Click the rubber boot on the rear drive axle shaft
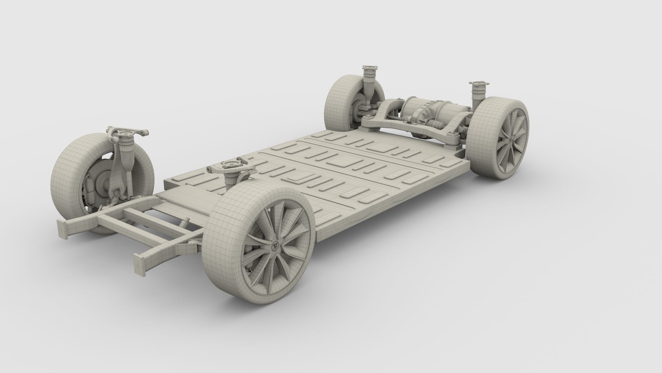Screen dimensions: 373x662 pos(431,122)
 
